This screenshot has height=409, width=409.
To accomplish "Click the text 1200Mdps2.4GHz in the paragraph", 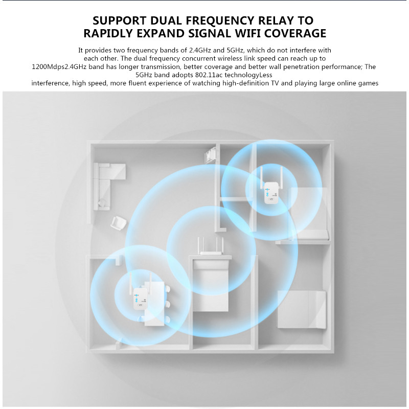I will [x=57, y=67].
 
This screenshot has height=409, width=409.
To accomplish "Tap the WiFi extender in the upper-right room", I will [x=270, y=192].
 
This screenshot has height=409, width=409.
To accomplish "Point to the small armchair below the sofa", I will [x=119, y=223].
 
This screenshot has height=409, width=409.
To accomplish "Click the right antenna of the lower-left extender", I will [x=151, y=281].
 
